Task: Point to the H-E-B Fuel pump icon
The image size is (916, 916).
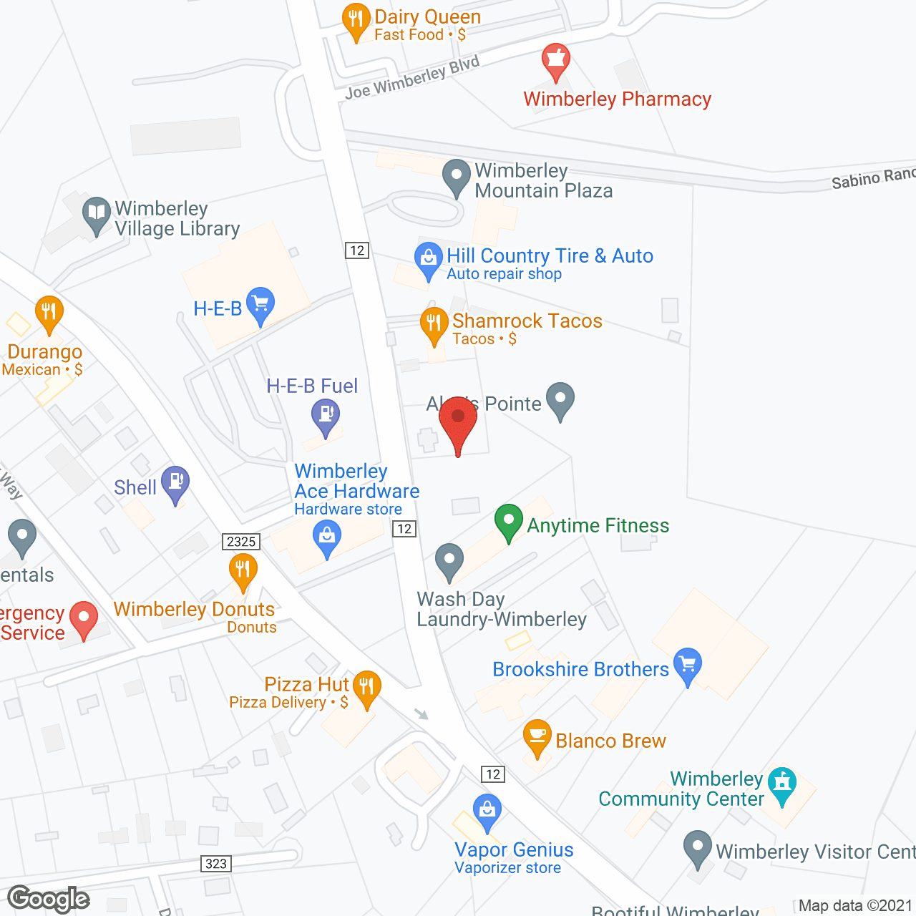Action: click(x=326, y=415)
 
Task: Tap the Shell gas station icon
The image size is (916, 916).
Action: click(x=175, y=482)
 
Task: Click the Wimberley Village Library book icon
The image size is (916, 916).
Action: click(x=96, y=213)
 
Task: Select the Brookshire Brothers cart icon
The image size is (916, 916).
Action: click(x=688, y=665)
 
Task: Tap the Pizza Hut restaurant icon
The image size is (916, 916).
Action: click(x=366, y=688)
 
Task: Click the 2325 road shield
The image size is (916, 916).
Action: click(x=241, y=542)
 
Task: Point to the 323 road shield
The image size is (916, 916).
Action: click(x=216, y=864)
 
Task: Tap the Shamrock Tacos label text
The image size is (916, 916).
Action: click(x=527, y=321)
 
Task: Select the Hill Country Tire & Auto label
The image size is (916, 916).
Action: click(x=550, y=256)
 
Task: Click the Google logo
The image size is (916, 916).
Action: click(x=49, y=899)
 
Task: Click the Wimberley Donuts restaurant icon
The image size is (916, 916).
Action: click(x=243, y=570)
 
